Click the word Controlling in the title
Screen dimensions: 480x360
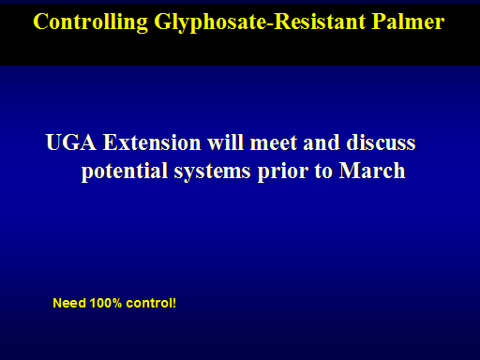coord(91,22)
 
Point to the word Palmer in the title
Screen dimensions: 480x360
coord(408,22)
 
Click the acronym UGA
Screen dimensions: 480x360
coord(71,142)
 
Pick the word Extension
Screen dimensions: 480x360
coord(152,142)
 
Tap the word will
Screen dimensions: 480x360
coord(225,142)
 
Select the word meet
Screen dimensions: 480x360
coord(274,142)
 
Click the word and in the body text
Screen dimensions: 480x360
coord(322,142)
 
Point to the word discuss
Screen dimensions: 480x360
coord(381,142)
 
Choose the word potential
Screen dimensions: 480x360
coord(125,172)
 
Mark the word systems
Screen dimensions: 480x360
coord(212,172)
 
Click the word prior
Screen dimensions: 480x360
coord(283,172)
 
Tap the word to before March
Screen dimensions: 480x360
coord(323,172)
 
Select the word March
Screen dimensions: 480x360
coord(372,171)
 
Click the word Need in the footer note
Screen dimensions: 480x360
coord(69,303)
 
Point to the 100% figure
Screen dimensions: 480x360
coord(106,303)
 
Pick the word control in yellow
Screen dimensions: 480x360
coord(148,303)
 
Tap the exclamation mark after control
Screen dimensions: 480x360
coord(174,303)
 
